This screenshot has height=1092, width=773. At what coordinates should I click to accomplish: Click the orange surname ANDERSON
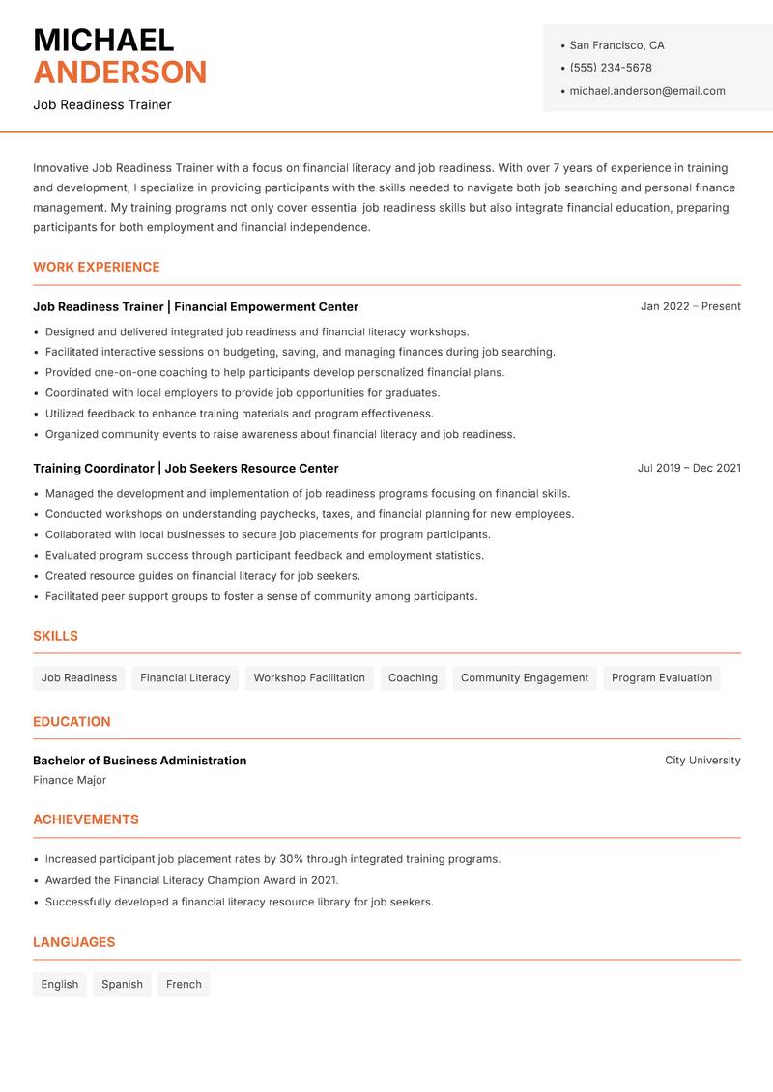click(120, 72)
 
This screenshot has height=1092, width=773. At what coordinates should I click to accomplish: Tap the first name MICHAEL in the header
click(103, 41)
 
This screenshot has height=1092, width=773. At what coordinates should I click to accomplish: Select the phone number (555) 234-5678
click(611, 68)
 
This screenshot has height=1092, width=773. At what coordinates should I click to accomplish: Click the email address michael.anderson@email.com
click(647, 91)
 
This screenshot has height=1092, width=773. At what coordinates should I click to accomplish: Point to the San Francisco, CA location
click(616, 45)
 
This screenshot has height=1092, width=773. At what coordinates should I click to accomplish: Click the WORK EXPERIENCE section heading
click(97, 267)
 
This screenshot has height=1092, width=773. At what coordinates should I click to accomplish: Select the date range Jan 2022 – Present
click(690, 306)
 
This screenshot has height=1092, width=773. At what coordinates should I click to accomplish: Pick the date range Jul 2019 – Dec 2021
click(689, 468)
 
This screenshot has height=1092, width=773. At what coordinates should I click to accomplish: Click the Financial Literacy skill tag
click(186, 678)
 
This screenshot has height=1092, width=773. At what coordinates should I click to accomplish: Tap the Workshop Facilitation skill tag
click(309, 678)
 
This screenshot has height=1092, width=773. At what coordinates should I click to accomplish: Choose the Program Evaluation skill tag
click(662, 678)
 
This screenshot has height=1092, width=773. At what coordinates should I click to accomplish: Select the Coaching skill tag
click(413, 678)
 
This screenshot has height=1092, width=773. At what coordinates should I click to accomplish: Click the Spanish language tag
click(122, 985)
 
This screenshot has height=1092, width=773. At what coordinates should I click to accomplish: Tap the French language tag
click(184, 985)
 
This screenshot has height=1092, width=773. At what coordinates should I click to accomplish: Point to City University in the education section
click(702, 761)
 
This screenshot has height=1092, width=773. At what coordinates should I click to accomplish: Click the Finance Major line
click(70, 780)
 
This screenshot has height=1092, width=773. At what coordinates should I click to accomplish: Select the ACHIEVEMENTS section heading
click(86, 819)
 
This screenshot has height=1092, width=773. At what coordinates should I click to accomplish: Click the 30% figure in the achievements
click(291, 859)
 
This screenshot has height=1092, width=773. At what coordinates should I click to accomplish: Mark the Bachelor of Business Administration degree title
click(139, 761)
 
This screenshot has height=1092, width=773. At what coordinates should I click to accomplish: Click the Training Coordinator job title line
click(186, 469)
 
